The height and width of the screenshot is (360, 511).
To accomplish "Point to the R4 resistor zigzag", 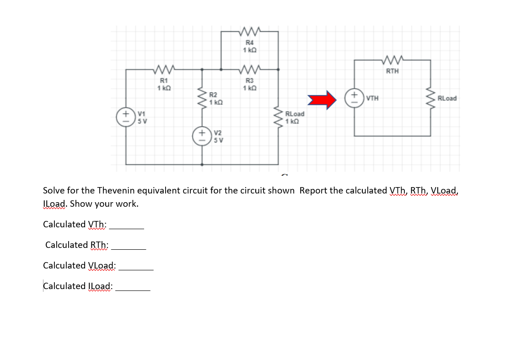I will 249,31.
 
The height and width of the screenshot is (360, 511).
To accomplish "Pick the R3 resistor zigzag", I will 249,70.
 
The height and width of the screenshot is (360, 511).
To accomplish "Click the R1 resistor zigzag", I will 163,70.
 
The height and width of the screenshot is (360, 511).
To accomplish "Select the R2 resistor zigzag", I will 203,97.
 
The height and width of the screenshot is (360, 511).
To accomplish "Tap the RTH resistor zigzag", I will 393,60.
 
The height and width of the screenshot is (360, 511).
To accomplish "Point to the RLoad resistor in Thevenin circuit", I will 430,98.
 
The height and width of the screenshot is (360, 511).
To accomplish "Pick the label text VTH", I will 373,98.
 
